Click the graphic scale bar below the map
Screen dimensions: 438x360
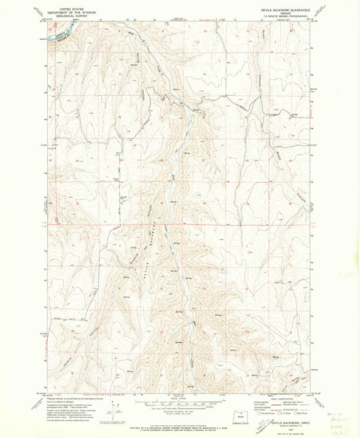pos(180,404)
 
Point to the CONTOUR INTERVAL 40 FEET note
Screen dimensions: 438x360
pos(180,411)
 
